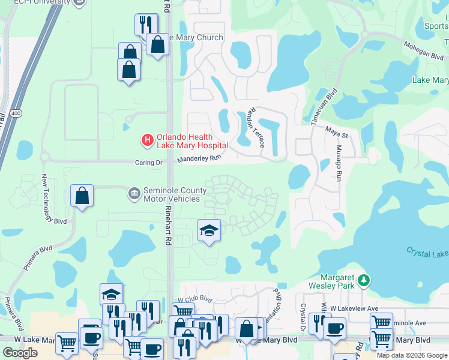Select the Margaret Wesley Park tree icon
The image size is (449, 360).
click(363, 280)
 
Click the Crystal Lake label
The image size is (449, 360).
click(427, 253)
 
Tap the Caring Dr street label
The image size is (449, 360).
click(148, 162)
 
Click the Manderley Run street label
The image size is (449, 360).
click(199, 159)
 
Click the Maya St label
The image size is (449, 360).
click(337, 136)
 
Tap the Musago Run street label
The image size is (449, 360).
click(339, 163)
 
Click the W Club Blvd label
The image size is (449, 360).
click(195, 298)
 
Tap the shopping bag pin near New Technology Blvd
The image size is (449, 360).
click(82, 196)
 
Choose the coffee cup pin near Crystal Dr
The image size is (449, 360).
click(334, 328)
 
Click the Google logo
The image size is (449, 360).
click(20, 353)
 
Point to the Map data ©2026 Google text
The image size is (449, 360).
click(412, 355)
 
